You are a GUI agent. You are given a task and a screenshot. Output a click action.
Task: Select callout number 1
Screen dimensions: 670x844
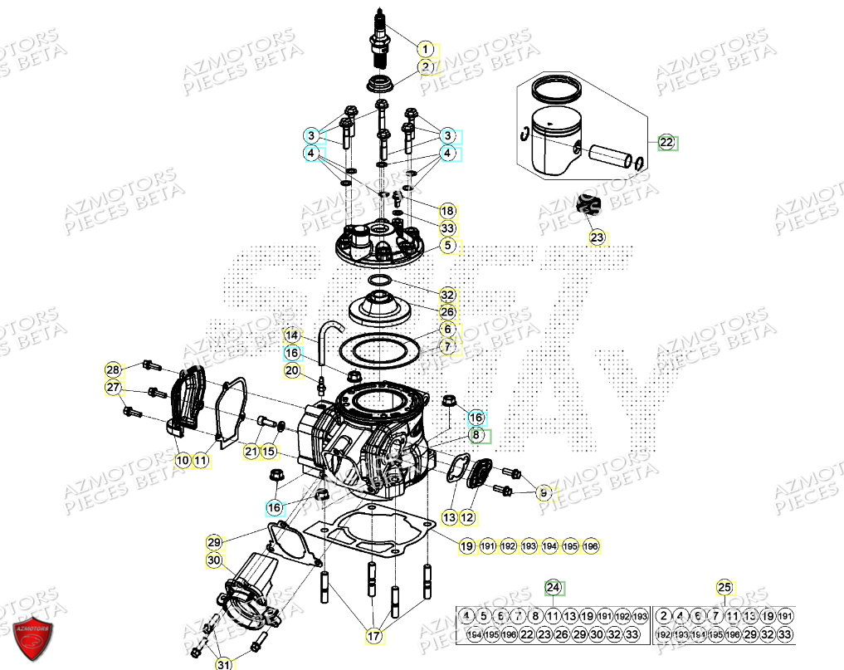pyautogui.click(x=424, y=48)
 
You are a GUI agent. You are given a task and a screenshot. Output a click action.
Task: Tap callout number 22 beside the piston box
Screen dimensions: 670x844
pyautogui.click(x=667, y=142)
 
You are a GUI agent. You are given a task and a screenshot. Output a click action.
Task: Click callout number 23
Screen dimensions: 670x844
pyautogui.click(x=598, y=238)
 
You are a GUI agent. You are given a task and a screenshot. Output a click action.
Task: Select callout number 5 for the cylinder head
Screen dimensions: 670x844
pyautogui.click(x=447, y=245)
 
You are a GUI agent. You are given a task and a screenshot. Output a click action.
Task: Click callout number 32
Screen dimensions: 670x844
pyautogui.click(x=447, y=295)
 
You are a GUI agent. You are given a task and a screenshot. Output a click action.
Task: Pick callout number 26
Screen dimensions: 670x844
pyautogui.click(x=447, y=312)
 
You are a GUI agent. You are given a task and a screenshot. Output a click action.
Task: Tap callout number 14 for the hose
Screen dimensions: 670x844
pyautogui.click(x=291, y=335)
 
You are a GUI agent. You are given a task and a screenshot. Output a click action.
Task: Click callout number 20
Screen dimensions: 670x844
pyautogui.click(x=291, y=370)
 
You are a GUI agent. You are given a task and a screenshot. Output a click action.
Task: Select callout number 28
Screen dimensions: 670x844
pyautogui.click(x=113, y=369)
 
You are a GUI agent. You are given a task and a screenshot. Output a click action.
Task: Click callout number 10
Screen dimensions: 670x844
pyautogui.click(x=182, y=458)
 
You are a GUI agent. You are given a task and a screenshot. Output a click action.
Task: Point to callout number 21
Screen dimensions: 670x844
pyautogui.click(x=251, y=451)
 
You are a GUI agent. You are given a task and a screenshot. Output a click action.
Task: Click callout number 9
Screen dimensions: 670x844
pyautogui.click(x=544, y=492)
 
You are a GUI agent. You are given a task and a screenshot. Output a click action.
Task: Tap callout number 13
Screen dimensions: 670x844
pyautogui.click(x=449, y=517)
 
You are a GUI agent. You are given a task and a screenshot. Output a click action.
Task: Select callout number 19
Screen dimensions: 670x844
pyautogui.click(x=467, y=546)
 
